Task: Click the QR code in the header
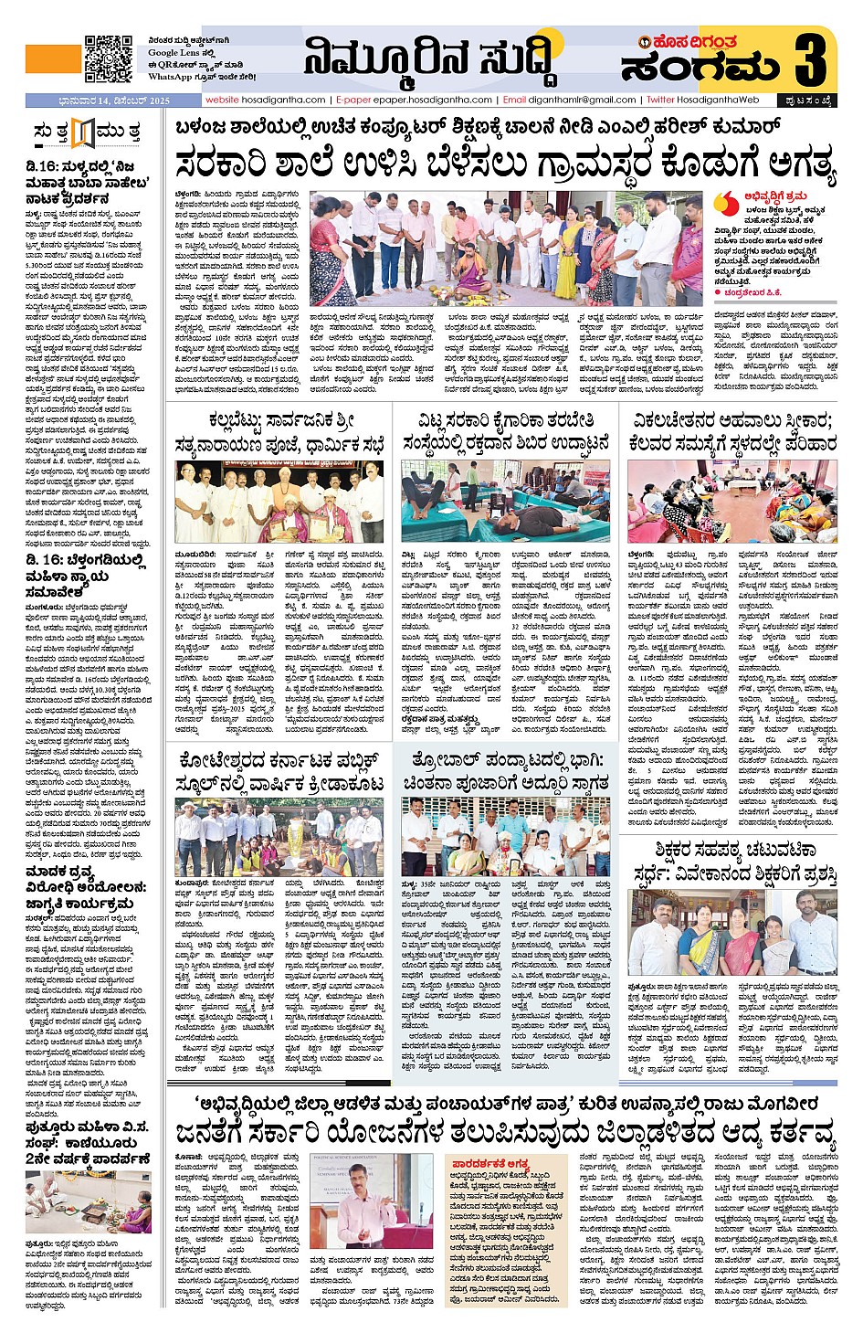108,59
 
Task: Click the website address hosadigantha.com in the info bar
266,100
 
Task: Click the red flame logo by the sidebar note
727,202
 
